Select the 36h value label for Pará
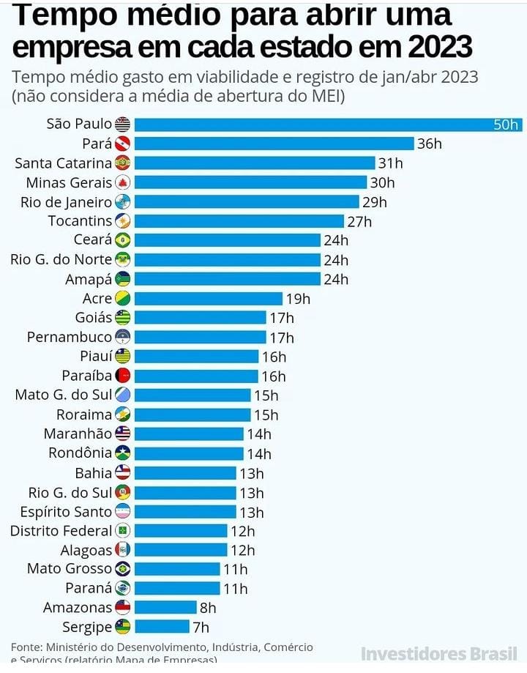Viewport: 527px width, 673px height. (429, 144)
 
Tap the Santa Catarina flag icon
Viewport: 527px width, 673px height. (122, 163)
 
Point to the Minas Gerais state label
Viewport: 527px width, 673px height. (69, 182)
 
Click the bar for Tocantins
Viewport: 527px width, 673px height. (239, 221)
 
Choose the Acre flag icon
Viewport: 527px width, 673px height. (122, 298)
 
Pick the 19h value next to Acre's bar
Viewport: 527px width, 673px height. (297, 299)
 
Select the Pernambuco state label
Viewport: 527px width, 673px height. (70, 338)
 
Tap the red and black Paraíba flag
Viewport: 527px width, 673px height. (122, 376)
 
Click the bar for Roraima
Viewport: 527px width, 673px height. (193, 414)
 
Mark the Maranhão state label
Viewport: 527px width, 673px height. (78, 434)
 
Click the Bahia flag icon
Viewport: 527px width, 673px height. (122, 472)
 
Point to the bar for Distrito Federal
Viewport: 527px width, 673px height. (181, 531)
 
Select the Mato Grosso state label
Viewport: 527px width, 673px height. (70, 569)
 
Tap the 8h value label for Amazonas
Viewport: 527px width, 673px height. (208, 608)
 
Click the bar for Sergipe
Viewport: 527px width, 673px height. (162, 627)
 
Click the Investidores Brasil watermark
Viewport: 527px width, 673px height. (439, 653)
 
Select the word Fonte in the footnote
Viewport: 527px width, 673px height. (26, 647)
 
